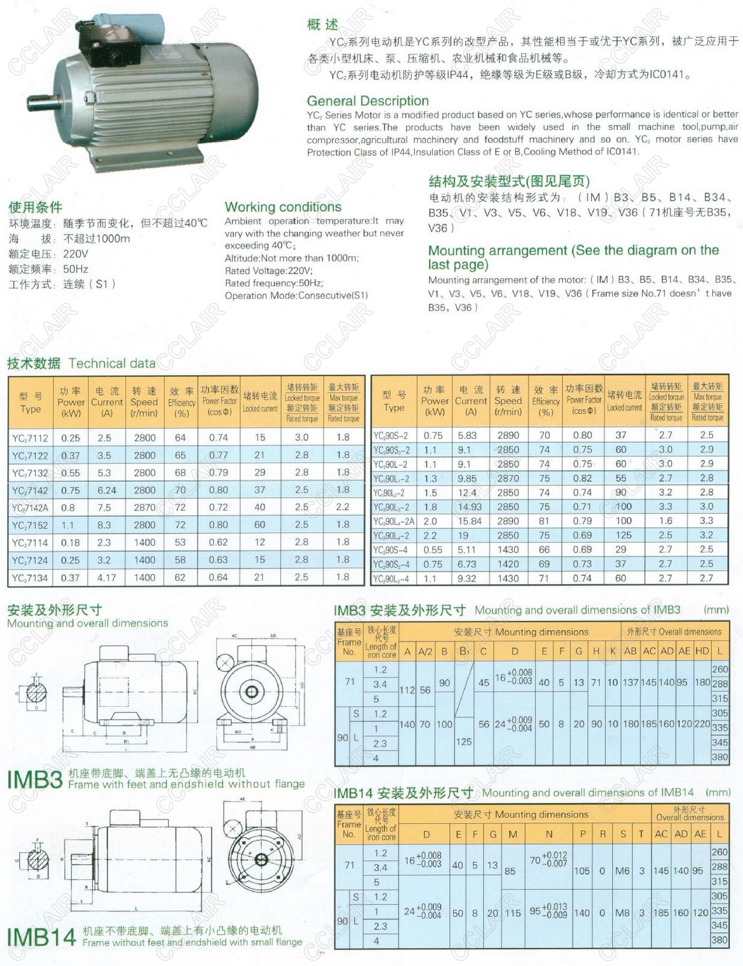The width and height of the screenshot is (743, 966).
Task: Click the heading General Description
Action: [x=367, y=101]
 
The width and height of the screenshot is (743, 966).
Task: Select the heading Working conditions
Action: [x=283, y=207]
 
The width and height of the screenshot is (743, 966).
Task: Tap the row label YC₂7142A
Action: [x=30, y=508]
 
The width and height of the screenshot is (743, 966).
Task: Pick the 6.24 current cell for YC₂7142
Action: [x=106, y=490]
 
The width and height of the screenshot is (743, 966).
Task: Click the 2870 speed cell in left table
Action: [x=144, y=508]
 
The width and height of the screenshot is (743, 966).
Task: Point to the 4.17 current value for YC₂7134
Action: [x=106, y=578]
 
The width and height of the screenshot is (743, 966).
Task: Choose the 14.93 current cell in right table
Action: [x=470, y=507]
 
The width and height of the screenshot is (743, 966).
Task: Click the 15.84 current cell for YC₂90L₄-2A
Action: [x=470, y=521]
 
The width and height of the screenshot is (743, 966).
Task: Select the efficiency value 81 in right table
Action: [x=545, y=521]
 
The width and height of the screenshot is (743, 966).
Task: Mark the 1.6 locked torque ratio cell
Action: [x=665, y=521]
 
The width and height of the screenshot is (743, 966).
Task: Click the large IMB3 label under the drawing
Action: [x=34, y=780]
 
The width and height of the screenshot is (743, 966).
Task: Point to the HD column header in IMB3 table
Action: [x=702, y=651]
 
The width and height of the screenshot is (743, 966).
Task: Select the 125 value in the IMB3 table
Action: [x=463, y=742]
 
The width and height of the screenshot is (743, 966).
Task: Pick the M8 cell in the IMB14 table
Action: [x=622, y=913]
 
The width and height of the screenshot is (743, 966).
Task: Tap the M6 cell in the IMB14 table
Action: [x=622, y=870]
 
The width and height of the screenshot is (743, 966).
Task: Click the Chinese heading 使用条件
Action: [x=35, y=207]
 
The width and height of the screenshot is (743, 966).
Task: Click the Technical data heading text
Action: [x=112, y=363]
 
